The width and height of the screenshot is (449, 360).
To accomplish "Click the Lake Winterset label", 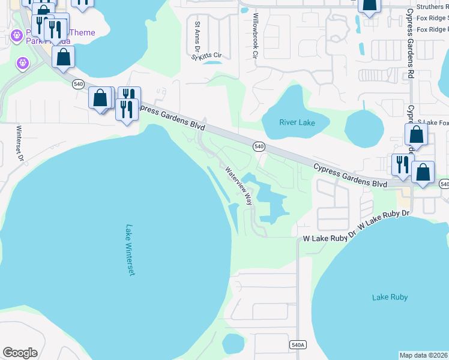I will point(129,250).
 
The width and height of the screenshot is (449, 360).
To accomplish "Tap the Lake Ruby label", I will point(390,297).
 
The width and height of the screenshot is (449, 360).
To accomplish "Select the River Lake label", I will point(297,122).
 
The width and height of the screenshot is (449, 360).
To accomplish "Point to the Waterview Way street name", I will point(239,186).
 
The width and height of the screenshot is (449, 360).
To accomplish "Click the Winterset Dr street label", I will point(19,143).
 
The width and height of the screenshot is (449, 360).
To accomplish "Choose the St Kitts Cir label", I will point(206,56).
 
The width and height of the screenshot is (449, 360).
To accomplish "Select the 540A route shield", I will point(298,345).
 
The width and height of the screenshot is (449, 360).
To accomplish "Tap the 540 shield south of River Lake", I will point(259,146).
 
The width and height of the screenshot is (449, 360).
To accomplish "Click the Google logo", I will point(20,353).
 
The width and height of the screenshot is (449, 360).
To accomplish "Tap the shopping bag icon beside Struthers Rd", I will point(369,5).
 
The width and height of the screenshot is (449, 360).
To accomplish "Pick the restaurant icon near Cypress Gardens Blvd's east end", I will point(402,164).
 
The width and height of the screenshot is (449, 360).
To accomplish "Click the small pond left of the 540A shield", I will point(233,343).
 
